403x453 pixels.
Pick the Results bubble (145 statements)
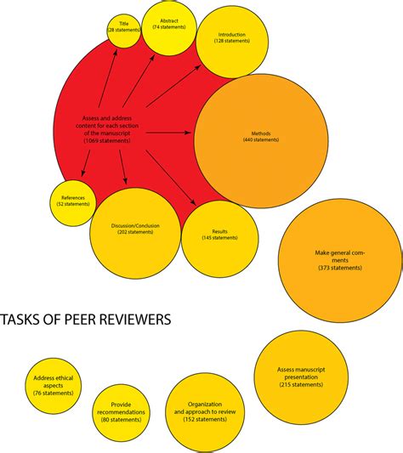[219, 235]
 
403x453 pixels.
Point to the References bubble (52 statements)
[73, 201]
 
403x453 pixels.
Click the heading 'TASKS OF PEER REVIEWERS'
[85, 320]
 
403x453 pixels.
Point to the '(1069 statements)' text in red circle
[107, 139]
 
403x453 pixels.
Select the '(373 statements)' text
[339, 269]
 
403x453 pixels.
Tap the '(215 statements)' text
[301, 385]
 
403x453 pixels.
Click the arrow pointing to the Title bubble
[115, 76]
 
